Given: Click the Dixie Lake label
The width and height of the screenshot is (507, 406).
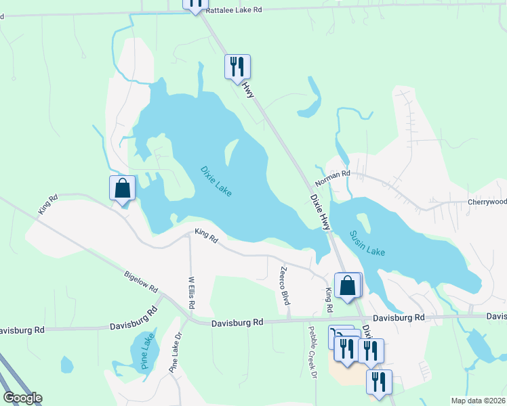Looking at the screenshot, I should (216, 181).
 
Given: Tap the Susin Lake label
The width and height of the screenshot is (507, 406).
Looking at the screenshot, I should (367, 243).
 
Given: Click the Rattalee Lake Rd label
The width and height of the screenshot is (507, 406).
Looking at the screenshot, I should (233, 10).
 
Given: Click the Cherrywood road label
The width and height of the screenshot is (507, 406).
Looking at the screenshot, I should (487, 202).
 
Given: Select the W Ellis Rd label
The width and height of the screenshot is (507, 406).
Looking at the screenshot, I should (191, 292).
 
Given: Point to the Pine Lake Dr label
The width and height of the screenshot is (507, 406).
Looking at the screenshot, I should (176, 353).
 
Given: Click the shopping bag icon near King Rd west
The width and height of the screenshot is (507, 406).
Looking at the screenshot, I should (123, 187).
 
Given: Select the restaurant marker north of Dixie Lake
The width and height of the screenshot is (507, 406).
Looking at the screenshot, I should (237, 66).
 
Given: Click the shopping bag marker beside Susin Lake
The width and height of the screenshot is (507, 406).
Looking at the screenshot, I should (348, 285).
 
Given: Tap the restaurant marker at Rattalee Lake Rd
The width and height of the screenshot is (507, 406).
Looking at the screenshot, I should (195, 3).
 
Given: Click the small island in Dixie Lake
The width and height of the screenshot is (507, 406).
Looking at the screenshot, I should (231, 153).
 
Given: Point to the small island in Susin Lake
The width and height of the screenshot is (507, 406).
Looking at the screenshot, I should (364, 222).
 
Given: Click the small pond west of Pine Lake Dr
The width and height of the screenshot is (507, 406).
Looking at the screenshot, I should (66, 365).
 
